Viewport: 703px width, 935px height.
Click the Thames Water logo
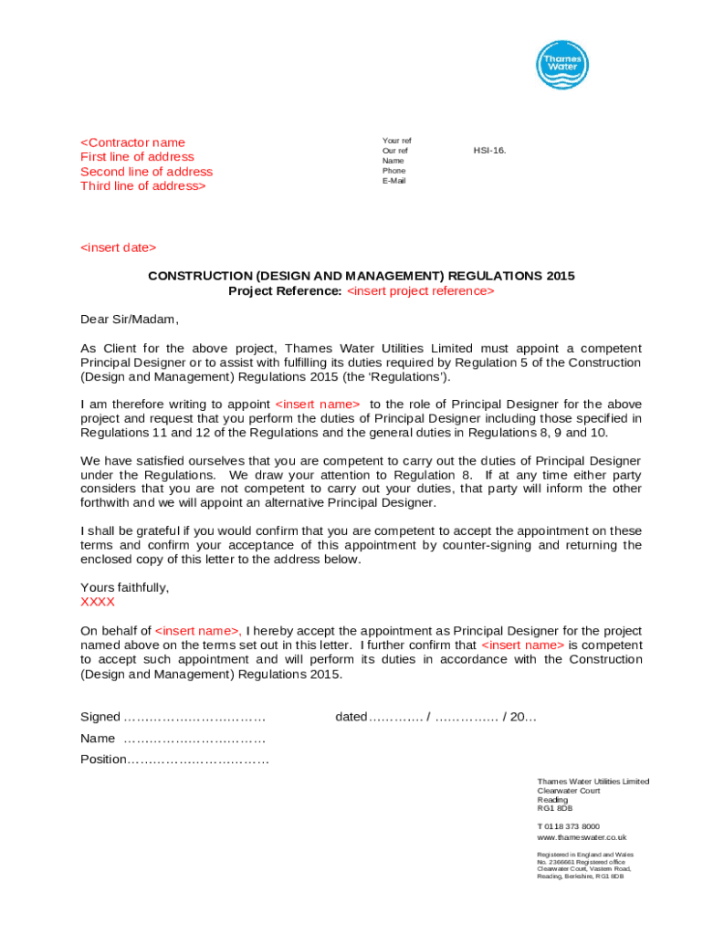[x=561, y=66]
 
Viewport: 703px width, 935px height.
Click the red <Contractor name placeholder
[x=132, y=142]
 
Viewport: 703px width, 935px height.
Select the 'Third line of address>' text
[x=143, y=186]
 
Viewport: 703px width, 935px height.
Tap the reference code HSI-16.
[x=489, y=151]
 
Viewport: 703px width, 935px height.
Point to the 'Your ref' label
[x=396, y=141]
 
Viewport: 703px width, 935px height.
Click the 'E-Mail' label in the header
[x=394, y=181]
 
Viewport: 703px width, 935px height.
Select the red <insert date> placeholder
[x=118, y=248]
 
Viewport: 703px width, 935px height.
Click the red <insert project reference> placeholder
[x=421, y=291]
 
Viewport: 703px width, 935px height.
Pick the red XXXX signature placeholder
[x=98, y=603]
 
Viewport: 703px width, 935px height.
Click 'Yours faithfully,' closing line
[x=124, y=588]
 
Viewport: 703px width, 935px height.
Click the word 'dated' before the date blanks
[x=351, y=718]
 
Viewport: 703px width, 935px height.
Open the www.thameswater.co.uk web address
[x=582, y=837]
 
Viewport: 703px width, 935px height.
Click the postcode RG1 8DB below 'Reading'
[x=555, y=809]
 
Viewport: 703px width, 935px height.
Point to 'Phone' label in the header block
[x=394, y=171]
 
